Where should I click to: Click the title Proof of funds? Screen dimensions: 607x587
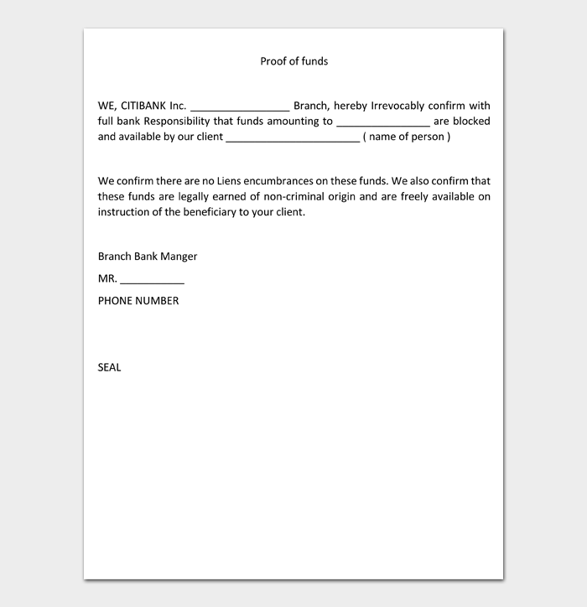293,61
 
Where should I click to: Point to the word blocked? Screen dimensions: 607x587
471,122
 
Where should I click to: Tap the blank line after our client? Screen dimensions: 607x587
293,139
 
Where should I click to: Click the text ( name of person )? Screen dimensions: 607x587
408,137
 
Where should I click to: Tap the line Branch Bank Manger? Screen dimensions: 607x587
148,257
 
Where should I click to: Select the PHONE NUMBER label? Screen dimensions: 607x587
138,300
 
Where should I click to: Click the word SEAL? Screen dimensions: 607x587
109,367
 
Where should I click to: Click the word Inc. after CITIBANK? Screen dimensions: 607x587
178,106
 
